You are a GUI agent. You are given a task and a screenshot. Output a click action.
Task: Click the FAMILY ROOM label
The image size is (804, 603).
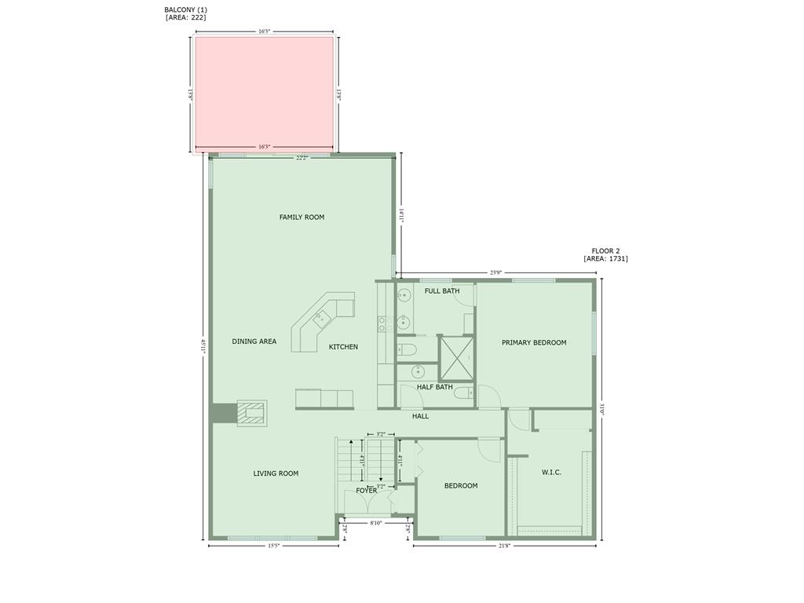tap(301, 217)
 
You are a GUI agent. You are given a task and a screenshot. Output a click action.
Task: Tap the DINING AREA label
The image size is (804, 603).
tap(254, 342)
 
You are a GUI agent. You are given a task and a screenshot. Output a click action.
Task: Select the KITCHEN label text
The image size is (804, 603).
tap(343, 347)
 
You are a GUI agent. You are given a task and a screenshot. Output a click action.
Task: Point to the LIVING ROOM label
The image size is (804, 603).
tap(276, 473)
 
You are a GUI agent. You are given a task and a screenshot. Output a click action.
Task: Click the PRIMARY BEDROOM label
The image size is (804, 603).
tap(534, 342)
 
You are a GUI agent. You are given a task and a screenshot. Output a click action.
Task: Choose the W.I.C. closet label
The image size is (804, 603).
tap(551, 473)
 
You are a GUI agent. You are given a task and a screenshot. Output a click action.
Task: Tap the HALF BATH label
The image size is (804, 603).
tap(434, 386)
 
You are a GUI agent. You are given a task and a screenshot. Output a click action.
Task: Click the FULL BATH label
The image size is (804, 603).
tap(442, 291)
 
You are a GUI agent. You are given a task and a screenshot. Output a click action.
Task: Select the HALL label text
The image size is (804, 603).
tap(421, 416)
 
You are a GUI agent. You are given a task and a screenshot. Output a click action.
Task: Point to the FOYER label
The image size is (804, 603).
tap(366, 491)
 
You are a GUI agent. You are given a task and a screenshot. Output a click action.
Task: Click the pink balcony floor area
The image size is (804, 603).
tap(264, 92)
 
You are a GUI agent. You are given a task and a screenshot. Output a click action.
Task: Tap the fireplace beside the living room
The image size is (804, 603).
tap(252, 413)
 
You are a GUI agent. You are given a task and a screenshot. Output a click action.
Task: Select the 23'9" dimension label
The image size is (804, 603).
tap(495, 273)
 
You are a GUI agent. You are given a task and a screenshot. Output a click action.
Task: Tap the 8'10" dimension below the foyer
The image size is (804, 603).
tap(376, 523)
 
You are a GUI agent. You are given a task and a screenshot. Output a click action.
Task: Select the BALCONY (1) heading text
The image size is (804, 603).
tap(185, 9)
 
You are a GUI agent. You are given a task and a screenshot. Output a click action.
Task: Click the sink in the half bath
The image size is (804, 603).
tap(418, 372)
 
